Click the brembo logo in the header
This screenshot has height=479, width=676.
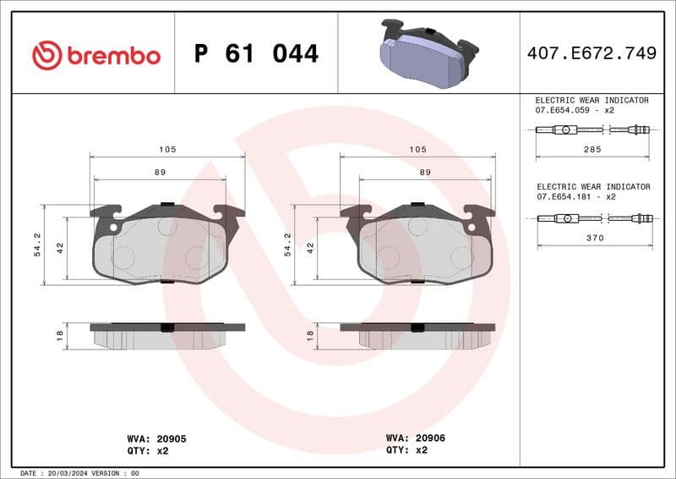tap(95, 55)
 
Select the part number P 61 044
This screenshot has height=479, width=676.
tap(256, 54)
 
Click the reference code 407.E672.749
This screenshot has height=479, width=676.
tap(591, 54)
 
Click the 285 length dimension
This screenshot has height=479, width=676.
tap(591, 149)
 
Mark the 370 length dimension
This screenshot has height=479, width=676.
tap(594, 239)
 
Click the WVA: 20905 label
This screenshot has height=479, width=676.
tap(156, 439)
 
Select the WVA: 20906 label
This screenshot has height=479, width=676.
tap(415, 438)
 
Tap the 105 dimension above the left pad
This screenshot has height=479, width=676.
tap(166, 150)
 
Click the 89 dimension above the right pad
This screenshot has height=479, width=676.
tap(425, 172)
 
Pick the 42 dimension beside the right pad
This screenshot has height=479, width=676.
tap(310, 248)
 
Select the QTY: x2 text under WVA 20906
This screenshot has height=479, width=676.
tap(406, 450)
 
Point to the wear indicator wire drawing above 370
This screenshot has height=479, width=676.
tap(594, 218)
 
